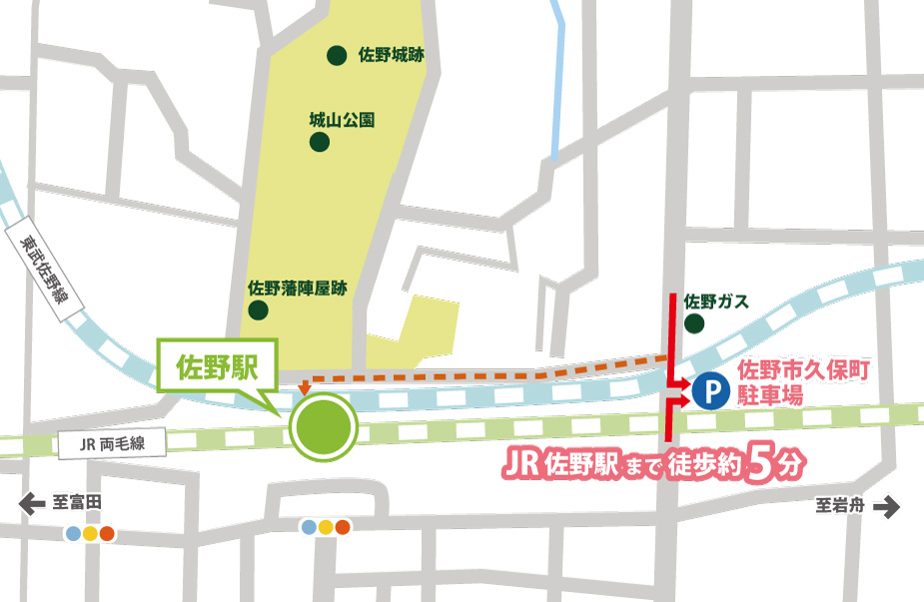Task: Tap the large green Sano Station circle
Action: [323, 427]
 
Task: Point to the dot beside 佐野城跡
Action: [338, 55]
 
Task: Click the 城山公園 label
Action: [342, 120]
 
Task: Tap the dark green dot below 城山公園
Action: [320, 142]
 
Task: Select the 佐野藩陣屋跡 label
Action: [297, 288]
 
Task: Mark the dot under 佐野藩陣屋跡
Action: [259, 309]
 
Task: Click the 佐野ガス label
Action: [716, 301]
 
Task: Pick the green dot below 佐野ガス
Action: [693, 323]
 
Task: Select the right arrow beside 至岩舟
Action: [886, 507]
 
